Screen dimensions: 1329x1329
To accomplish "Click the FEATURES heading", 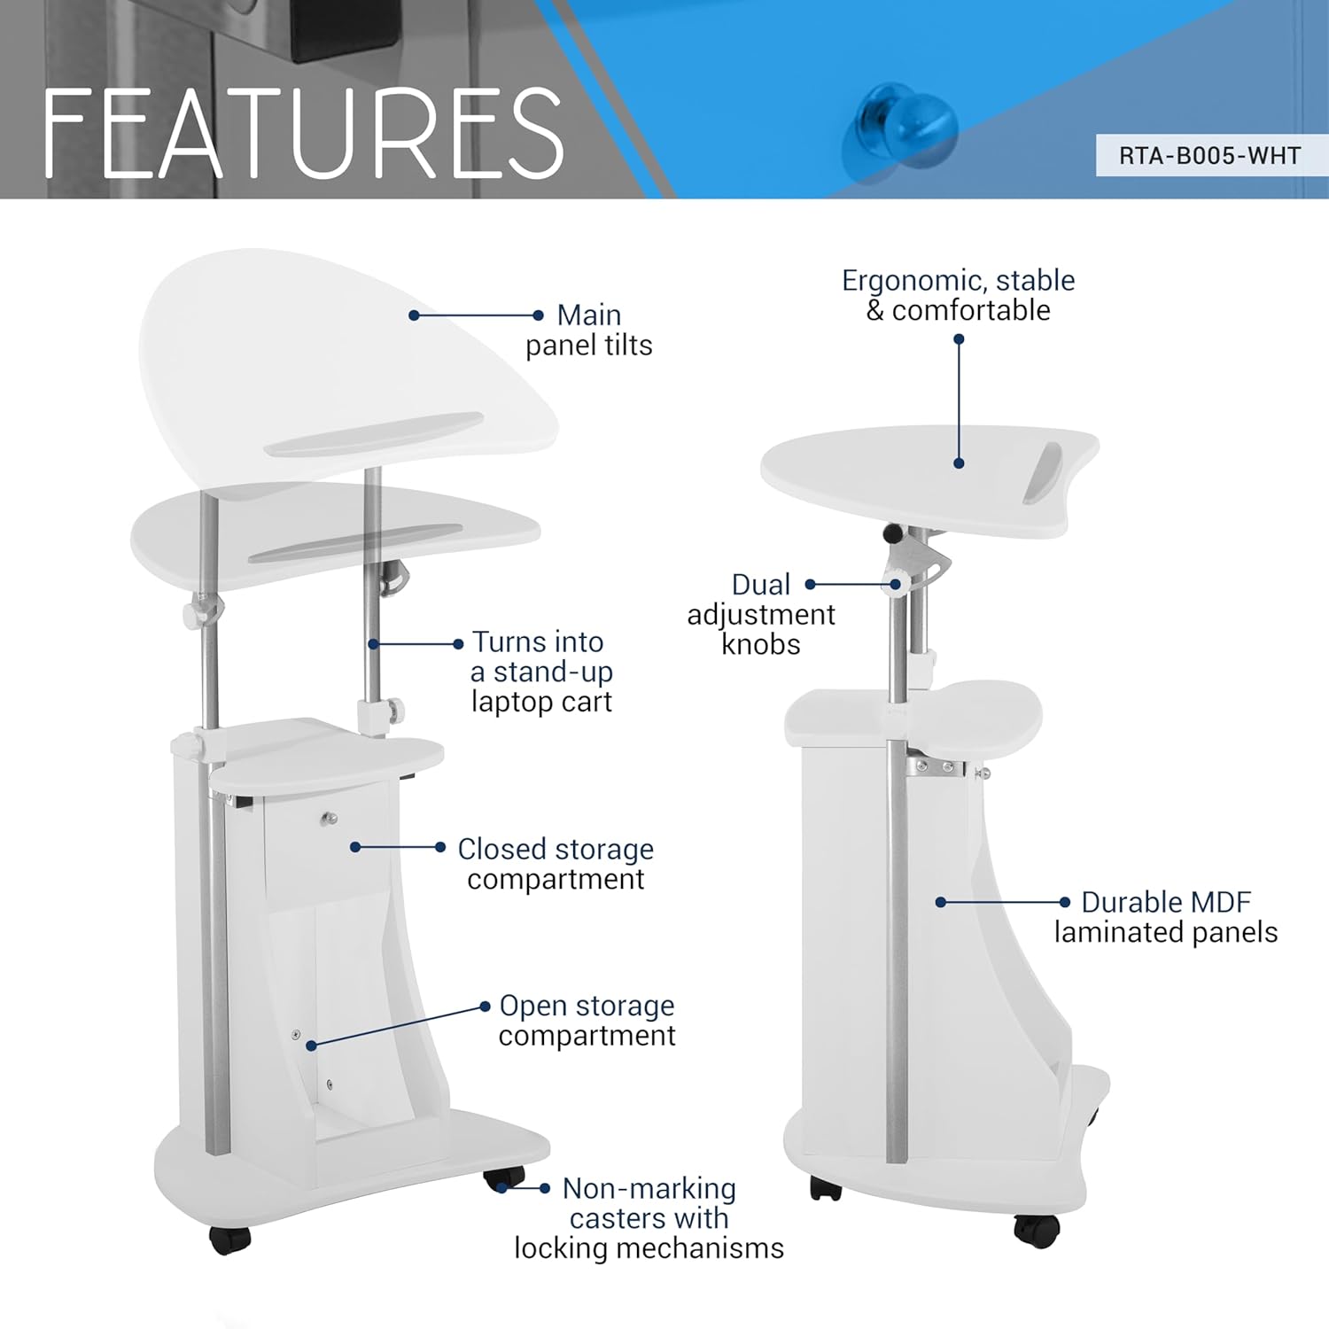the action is [x=303, y=133].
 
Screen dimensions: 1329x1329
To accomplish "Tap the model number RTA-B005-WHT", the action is [x=1209, y=156].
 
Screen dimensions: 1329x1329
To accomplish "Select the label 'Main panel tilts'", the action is [x=589, y=330].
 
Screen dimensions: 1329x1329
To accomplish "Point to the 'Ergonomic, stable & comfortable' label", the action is [x=958, y=295].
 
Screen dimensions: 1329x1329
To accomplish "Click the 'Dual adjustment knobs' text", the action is [x=761, y=614].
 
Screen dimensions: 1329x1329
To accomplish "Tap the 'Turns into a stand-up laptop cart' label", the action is [x=541, y=672].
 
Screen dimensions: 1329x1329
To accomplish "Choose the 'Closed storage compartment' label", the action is [x=556, y=864].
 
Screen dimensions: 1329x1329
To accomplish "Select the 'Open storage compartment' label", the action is [x=587, y=1020].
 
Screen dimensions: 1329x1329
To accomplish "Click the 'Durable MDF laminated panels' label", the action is [x=1166, y=917].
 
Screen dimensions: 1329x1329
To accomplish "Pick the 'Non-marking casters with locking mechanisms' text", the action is [x=649, y=1218].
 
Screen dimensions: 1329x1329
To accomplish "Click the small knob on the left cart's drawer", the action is [x=330, y=819].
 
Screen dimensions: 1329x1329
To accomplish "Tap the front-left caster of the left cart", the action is [x=230, y=1240].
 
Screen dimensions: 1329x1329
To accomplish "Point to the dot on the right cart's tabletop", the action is [x=959, y=463].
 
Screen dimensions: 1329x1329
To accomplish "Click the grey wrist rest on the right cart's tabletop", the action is [x=1043, y=473].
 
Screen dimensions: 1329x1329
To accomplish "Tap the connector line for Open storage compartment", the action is [x=398, y=1026].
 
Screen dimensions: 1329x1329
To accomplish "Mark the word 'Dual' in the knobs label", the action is [x=761, y=585].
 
